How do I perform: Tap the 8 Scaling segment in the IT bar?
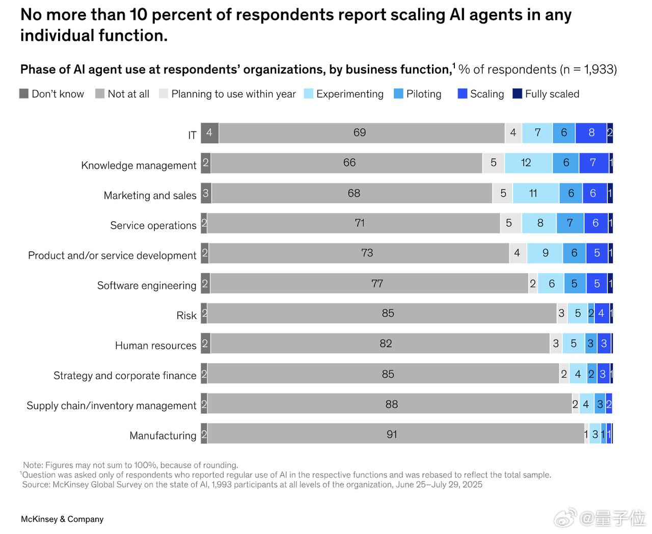point(591,133)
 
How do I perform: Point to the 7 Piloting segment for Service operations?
point(570,223)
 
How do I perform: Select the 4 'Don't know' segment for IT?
point(209,133)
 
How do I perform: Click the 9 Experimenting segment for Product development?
point(545,253)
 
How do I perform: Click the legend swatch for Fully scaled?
point(517,94)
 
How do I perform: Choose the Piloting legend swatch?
point(398,94)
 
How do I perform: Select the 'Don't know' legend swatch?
point(24,94)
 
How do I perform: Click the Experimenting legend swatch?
point(308,94)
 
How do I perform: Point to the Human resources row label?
point(155,345)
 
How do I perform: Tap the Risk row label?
point(186,315)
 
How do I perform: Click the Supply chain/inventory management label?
point(111,406)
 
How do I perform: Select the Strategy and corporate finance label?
point(125,376)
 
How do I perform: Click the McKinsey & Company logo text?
point(62,519)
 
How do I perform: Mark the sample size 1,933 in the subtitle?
point(600,70)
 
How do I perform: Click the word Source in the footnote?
point(36,485)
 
